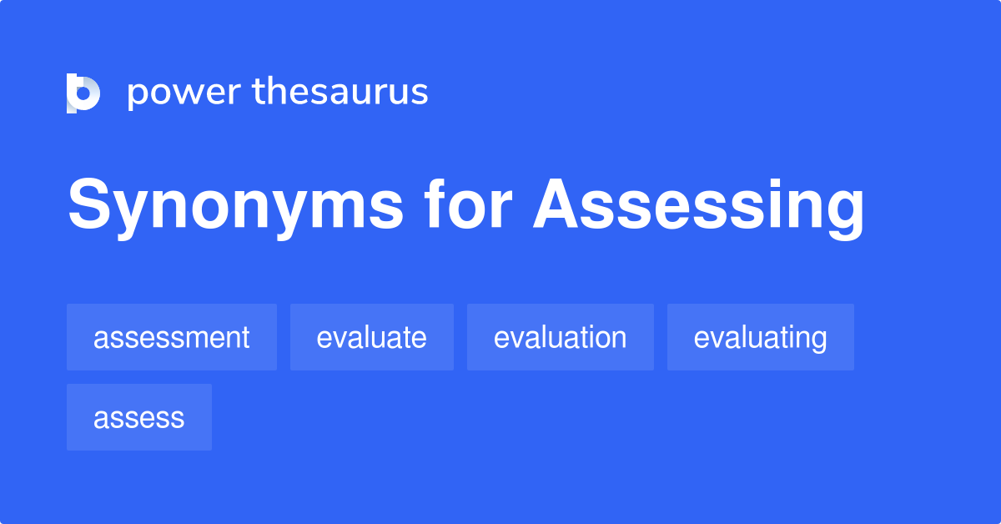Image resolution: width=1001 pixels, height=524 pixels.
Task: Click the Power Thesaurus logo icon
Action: coord(83,93)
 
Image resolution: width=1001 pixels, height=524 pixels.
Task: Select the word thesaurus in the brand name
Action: coord(340,92)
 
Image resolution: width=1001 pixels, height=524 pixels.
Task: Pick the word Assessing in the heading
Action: coord(699,206)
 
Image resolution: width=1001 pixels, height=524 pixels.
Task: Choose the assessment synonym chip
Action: coord(171,337)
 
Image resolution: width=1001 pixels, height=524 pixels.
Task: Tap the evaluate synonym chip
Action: coord(371,337)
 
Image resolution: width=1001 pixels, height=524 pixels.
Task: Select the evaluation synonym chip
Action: coord(560,337)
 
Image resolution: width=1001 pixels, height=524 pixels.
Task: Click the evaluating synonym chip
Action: coord(760,337)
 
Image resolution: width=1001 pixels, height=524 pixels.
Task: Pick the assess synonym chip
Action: coord(138,417)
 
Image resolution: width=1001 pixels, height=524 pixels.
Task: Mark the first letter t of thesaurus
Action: coord(259,92)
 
